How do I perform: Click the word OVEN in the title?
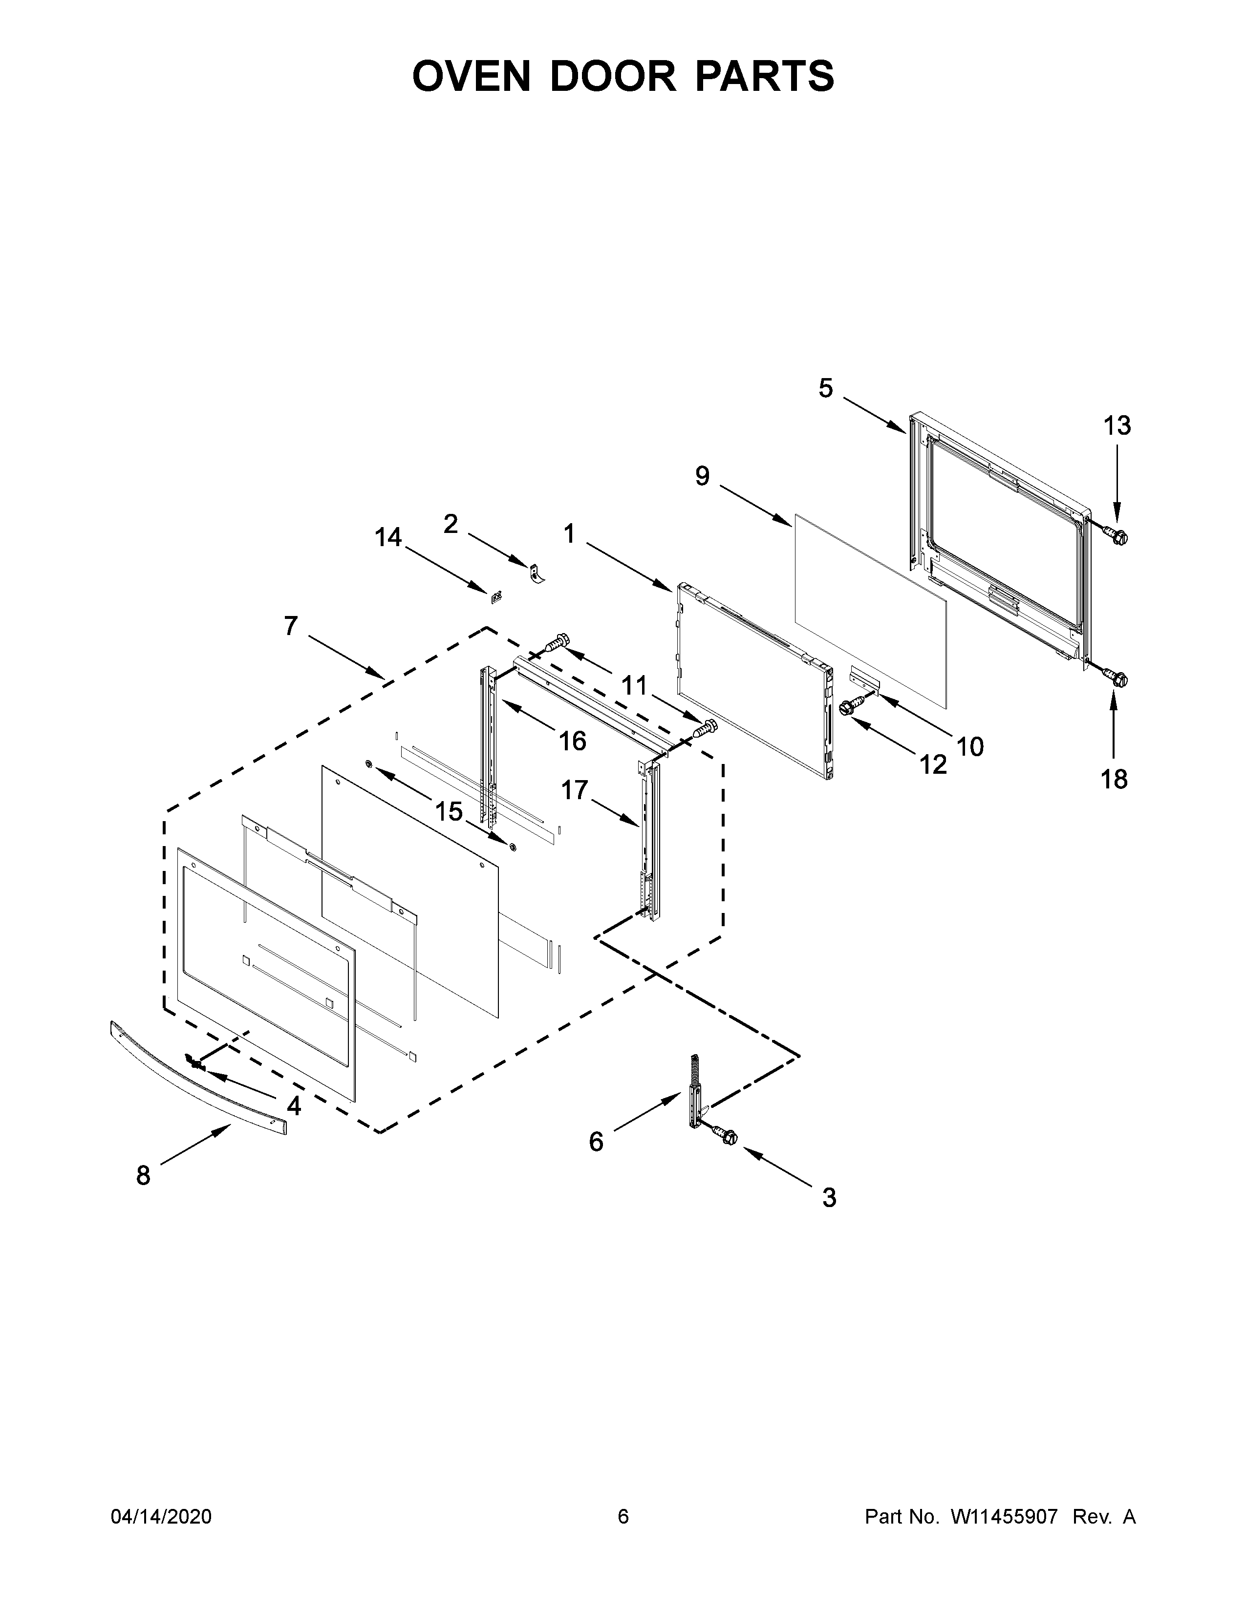click(471, 76)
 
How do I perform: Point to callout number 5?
click(825, 388)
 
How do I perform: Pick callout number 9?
click(702, 476)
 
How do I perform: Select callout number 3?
click(829, 1197)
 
